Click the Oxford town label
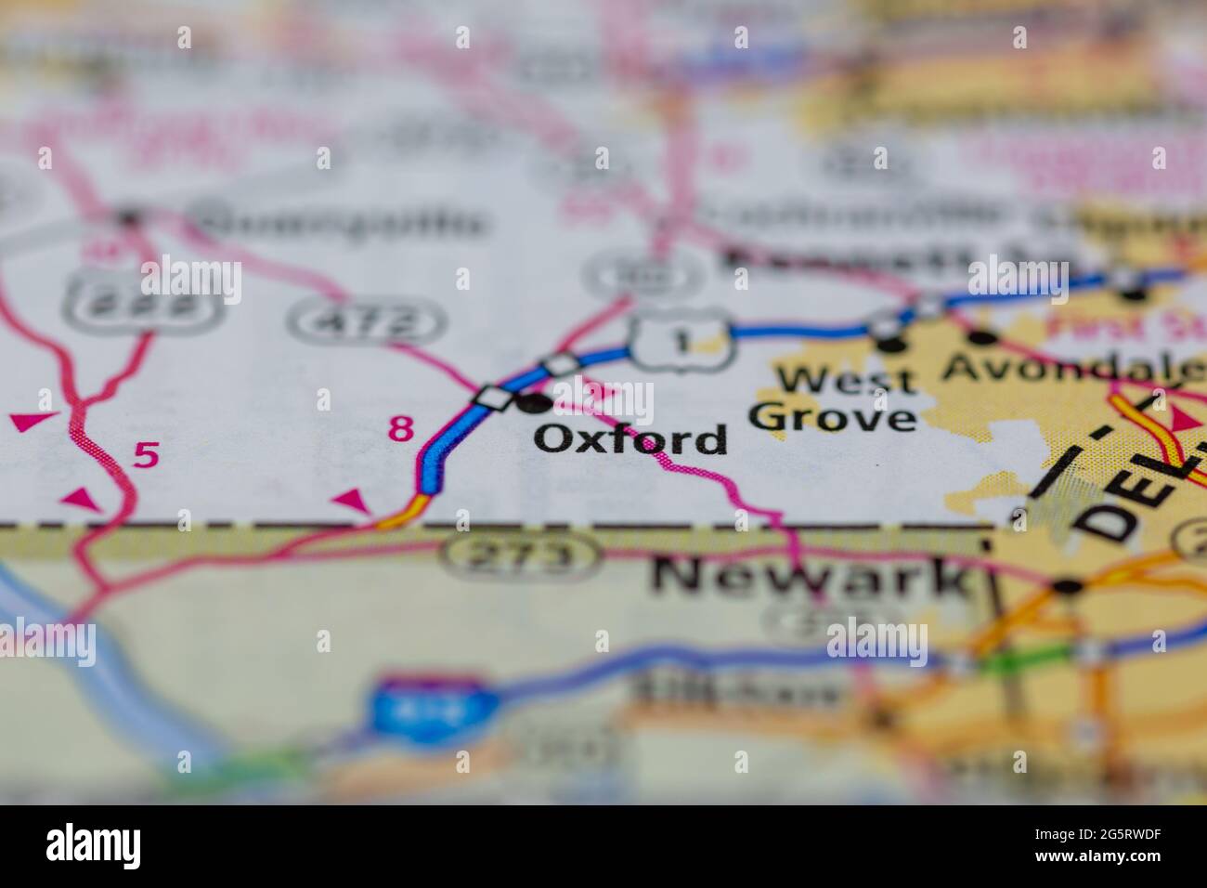tap(630, 438)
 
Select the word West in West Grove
tap(834, 379)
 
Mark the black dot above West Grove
tap(891, 346)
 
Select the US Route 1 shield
tap(683, 341)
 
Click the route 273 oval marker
tap(521, 555)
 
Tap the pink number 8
tap(400, 429)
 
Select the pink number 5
tap(146, 455)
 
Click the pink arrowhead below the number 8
tap(351, 502)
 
